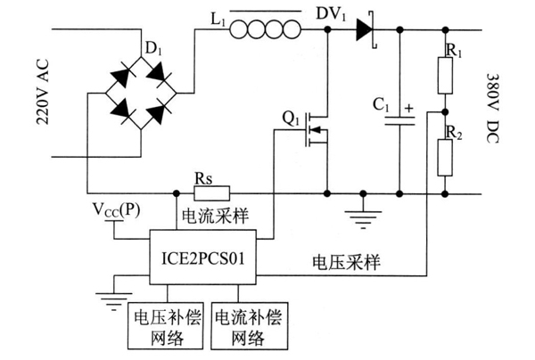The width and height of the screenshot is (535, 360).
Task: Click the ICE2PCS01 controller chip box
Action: [202, 257]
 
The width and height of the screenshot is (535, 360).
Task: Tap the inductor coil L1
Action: [265, 29]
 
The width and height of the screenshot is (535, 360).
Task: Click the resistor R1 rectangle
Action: [445, 76]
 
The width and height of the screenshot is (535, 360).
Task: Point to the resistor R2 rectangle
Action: [445, 158]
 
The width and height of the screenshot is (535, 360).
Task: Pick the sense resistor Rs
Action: [212, 193]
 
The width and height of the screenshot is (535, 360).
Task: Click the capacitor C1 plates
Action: [399, 121]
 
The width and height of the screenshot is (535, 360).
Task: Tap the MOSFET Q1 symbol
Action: [316, 129]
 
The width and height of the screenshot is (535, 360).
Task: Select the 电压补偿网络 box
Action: [166, 326]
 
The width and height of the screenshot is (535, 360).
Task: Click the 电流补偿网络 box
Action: [249, 326]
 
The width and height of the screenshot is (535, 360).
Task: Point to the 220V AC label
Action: [43, 93]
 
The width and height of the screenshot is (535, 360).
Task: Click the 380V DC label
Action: [492, 109]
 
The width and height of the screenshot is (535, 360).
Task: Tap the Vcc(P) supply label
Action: [116, 210]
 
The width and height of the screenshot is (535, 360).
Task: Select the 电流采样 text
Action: [215, 217]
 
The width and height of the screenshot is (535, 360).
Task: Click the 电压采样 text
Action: [346, 262]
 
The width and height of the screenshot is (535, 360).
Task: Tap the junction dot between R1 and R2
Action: [445, 111]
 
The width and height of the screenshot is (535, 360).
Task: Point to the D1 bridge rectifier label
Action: [153, 49]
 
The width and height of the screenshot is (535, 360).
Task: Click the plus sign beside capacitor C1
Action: [408, 109]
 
